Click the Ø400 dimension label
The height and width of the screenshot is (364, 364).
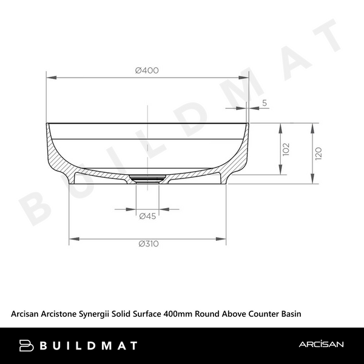click(147, 70)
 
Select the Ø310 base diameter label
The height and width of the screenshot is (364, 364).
click(148, 244)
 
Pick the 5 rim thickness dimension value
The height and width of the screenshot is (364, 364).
click(265, 103)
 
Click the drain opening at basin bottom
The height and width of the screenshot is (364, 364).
click(147, 178)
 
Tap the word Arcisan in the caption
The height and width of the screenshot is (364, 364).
click(27, 314)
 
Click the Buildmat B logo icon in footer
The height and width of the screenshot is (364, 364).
click(27, 346)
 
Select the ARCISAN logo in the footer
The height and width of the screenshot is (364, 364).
click(321, 345)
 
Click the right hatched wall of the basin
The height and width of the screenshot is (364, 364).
click(240, 155)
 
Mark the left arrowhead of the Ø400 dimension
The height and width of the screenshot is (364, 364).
click(50, 77)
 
